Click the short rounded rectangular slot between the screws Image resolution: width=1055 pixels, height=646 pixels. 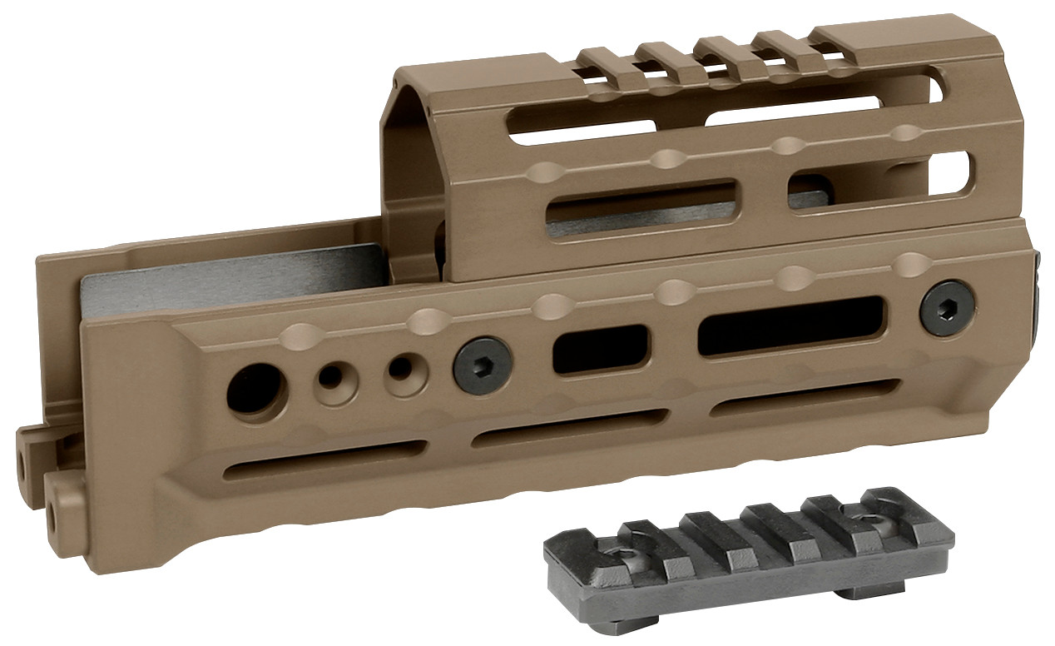pyautogui.click(x=600, y=348)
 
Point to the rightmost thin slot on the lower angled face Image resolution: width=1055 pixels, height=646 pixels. pyautogui.click(x=805, y=398)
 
